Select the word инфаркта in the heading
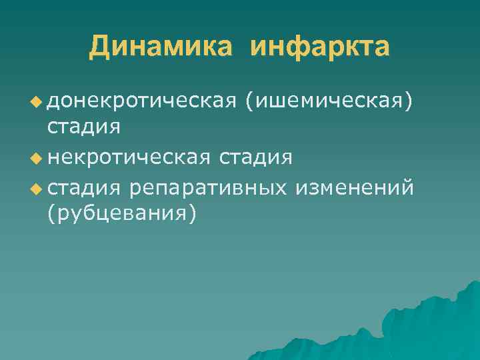tap(321, 47)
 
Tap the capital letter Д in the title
tap(101, 47)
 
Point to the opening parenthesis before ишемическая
tap(249, 101)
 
